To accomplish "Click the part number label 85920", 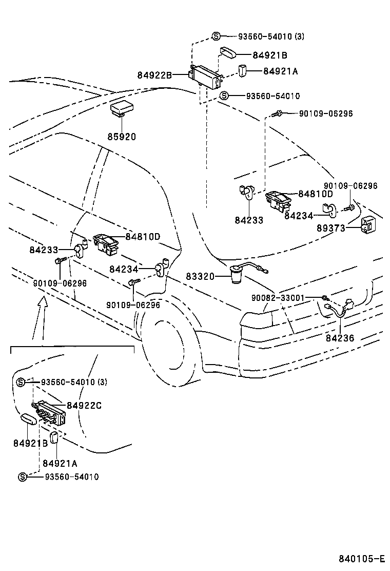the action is pyautogui.click(x=122, y=137).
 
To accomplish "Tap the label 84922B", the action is pyautogui.click(x=154, y=75).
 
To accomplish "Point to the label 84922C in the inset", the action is pyautogui.click(x=84, y=405).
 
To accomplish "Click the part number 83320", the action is pyautogui.click(x=200, y=276).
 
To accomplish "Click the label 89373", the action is pyautogui.click(x=330, y=228).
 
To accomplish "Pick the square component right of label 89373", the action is pyautogui.click(x=368, y=225).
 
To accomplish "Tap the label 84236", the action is pyautogui.click(x=340, y=338).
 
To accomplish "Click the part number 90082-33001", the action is pyautogui.click(x=278, y=298).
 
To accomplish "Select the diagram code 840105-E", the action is pyautogui.click(x=362, y=559).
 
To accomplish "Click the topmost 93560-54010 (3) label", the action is pyautogui.click(x=271, y=36).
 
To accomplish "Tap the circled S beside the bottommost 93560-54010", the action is pyautogui.click(x=23, y=477).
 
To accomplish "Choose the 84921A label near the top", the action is pyautogui.click(x=281, y=71).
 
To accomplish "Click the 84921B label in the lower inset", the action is pyautogui.click(x=31, y=443).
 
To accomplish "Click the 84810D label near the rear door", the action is pyautogui.click(x=143, y=237).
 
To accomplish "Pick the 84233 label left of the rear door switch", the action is pyautogui.click(x=44, y=250).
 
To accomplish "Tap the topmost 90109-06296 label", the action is pyautogui.click(x=326, y=113).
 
